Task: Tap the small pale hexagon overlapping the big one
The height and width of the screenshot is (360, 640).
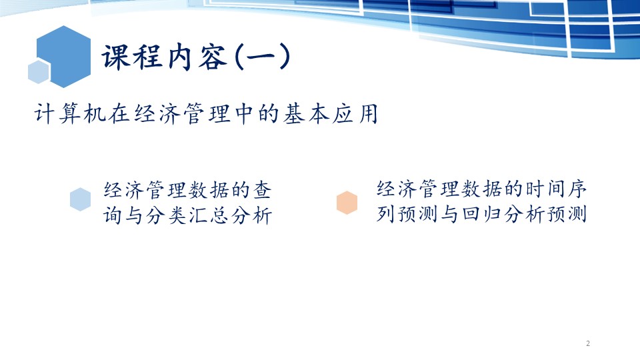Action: click(39, 72)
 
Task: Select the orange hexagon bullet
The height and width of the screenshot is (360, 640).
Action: click(347, 203)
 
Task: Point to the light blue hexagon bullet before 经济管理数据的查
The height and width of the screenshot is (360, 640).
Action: click(81, 199)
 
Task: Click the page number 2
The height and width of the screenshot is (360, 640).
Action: click(588, 344)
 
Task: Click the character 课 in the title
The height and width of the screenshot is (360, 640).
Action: click(115, 56)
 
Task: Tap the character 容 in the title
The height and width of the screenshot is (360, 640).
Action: click(213, 56)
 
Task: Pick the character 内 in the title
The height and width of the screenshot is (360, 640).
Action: click(180, 56)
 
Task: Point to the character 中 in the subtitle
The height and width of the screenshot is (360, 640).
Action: click(244, 113)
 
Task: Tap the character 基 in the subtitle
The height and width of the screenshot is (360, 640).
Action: click(293, 113)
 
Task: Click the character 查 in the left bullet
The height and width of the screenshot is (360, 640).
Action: click(262, 190)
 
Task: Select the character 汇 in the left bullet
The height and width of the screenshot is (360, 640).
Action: click(198, 215)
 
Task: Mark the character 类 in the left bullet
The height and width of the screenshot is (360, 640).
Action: click(177, 215)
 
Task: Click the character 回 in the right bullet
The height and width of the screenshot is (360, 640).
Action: click(471, 213)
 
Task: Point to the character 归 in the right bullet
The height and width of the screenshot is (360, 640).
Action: click(492, 213)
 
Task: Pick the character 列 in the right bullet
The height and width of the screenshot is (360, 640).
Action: click(385, 213)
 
